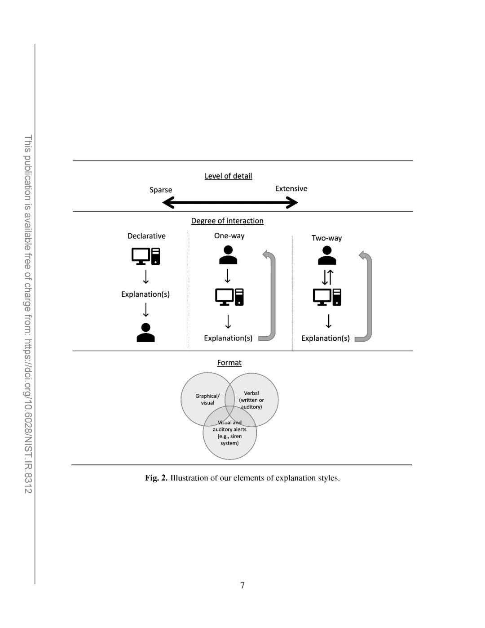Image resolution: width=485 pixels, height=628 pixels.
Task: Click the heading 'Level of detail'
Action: click(x=228, y=176)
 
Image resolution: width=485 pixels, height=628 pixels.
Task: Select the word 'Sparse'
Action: click(x=161, y=190)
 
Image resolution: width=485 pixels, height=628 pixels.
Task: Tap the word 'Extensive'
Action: click(x=291, y=188)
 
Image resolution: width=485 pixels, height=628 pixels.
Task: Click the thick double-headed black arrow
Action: click(x=230, y=203)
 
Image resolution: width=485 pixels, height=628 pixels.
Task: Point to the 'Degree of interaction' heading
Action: click(x=227, y=221)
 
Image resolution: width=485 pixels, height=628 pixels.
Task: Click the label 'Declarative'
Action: click(x=146, y=236)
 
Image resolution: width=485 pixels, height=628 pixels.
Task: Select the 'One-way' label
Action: click(x=229, y=236)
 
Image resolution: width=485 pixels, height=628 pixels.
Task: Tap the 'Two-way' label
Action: click(x=326, y=238)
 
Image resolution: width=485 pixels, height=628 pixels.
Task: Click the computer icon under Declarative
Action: click(x=145, y=256)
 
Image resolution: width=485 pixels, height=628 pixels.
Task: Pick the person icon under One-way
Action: click(x=228, y=255)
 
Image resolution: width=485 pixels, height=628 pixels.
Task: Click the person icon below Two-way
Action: click(x=327, y=255)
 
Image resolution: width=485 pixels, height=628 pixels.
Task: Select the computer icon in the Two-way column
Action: click(x=327, y=297)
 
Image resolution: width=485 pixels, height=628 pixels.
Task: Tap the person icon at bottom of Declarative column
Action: click(x=145, y=333)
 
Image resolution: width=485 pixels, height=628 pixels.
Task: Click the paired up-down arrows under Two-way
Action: click(x=327, y=277)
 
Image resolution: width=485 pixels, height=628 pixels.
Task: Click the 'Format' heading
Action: click(x=229, y=363)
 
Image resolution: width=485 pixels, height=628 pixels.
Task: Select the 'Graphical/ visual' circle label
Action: click(x=207, y=399)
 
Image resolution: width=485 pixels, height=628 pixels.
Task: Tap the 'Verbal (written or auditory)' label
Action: click(x=251, y=400)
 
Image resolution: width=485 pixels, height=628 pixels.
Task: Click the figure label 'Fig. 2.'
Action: click(x=156, y=478)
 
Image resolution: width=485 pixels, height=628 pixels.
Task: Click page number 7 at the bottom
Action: click(x=242, y=585)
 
